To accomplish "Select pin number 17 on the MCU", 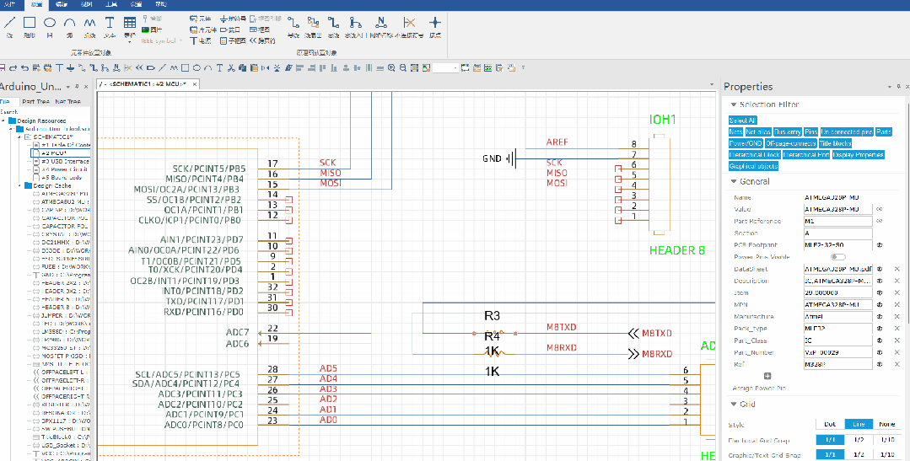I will click(x=272, y=163).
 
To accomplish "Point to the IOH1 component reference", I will click(x=663, y=121).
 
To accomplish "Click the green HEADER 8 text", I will click(x=676, y=250).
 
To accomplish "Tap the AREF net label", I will click(x=557, y=142).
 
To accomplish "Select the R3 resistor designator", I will click(x=492, y=316).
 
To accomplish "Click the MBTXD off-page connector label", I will click(x=657, y=333).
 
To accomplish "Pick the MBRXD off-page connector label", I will click(x=657, y=354).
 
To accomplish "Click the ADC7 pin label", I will click(x=237, y=332).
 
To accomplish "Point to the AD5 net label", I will click(x=328, y=369).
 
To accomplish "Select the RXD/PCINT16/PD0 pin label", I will click(x=204, y=312).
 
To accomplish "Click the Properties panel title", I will click(x=748, y=87).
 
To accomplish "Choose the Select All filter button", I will click(x=742, y=121).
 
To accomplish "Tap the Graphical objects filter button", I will click(x=753, y=166).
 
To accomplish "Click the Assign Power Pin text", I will click(x=760, y=389).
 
